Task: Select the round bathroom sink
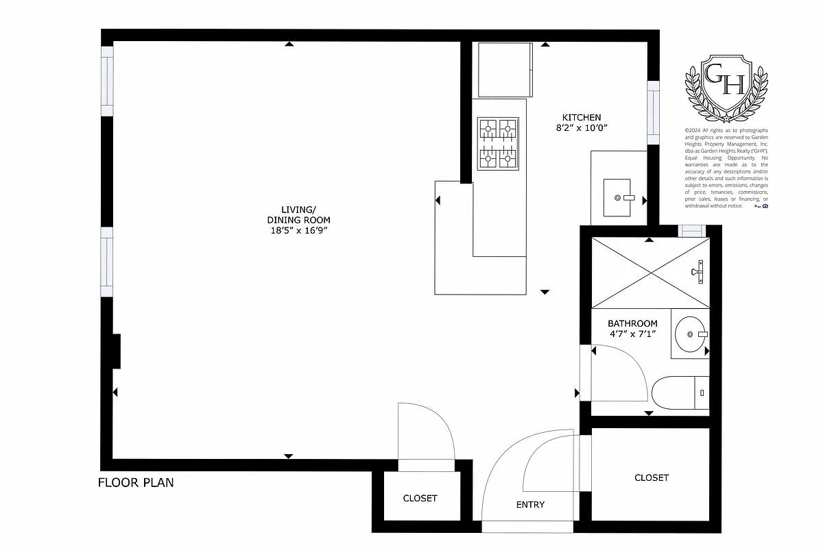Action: click(x=689, y=334)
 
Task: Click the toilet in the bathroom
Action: click(x=679, y=393)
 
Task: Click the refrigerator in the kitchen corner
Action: click(x=505, y=69)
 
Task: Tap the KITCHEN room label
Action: click(x=582, y=117)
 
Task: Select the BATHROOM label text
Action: click(x=632, y=323)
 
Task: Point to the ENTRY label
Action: click(x=530, y=505)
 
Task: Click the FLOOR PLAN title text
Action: click(x=136, y=483)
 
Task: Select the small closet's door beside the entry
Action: click(x=427, y=435)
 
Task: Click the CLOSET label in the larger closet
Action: click(x=651, y=477)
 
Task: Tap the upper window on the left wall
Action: click(x=108, y=81)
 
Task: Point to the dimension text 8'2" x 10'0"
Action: click(x=582, y=127)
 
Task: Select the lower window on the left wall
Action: click(x=107, y=262)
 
